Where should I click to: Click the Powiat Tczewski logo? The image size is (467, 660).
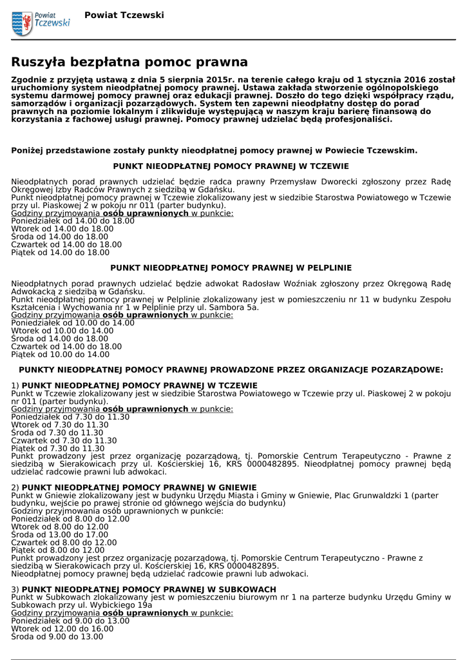pyautogui.click(x=41, y=23)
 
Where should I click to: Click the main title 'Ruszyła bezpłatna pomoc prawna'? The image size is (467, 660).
pyautogui.click(x=129, y=62)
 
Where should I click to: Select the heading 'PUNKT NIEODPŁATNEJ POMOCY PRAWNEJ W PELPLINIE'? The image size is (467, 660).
pyautogui.click(x=231, y=267)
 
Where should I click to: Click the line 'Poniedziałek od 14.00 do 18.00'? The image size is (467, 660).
pyautogui.click(x=73, y=221)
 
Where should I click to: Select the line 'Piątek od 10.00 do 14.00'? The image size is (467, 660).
pyautogui.click(x=61, y=354)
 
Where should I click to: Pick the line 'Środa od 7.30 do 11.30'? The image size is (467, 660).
pyautogui.click(x=58, y=433)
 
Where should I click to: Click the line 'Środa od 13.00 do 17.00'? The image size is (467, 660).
pyautogui.click(x=60, y=534)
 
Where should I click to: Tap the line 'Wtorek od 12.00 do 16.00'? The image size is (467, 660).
pyautogui.click(x=62, y=628)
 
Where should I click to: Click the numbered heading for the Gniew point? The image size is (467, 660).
pyautogui.click(x=134, y=487)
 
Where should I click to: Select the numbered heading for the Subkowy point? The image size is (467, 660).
pyautogui.click(x=144, y=589)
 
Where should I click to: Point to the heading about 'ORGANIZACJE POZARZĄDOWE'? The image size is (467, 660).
pyautogui.click(x=231, y=370)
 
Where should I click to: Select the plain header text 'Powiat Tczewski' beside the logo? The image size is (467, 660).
pyautogui.click(x=124, y=15)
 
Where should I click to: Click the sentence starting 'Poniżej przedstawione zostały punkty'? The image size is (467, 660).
pyautogui.click(x=214, y=150)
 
